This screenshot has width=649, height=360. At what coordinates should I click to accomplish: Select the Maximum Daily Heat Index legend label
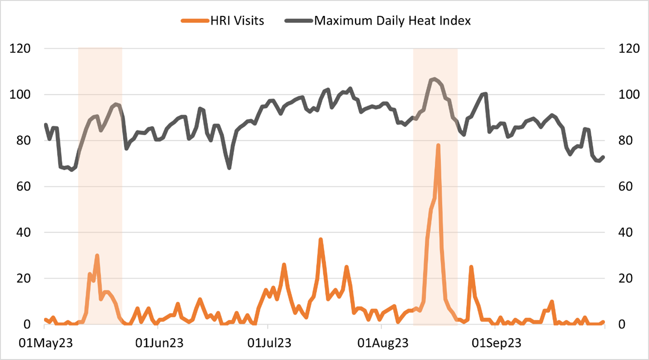pos(392,21)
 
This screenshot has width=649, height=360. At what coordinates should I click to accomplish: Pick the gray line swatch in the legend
pos(299,21)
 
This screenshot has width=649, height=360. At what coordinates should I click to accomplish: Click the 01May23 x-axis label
pos(44,342)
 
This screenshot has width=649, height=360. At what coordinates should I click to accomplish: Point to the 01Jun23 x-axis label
pos(159,342)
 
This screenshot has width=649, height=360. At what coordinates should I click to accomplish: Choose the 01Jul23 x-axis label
pos(268,342)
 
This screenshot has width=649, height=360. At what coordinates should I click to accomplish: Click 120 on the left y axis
pos(22,49)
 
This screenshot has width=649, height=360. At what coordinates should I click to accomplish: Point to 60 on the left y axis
pos(25,187)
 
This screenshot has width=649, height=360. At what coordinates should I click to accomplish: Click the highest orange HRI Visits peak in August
pos(438,145)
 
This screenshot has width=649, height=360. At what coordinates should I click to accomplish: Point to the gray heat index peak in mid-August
pos(434,79)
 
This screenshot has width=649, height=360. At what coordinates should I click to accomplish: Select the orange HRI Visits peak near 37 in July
pos(320,239)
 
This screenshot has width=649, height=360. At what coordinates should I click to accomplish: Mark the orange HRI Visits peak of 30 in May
pos(97,256)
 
